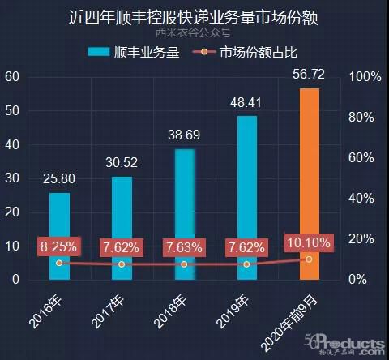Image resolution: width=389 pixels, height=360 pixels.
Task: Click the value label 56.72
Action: (310, 75)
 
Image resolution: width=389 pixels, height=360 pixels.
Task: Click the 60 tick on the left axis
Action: (11, 77)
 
